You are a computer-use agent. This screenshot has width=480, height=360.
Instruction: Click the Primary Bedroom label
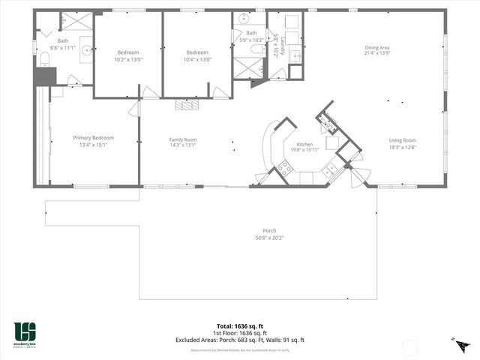click(x=93, y=138)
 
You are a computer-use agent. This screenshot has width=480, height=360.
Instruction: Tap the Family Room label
click(x=182, y=139)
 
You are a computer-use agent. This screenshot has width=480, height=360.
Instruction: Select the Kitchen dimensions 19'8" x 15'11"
click(x=305, y=150)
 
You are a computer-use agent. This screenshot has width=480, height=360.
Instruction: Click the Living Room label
click(x=402, y=140)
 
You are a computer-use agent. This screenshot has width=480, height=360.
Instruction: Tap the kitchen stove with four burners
click(x=284, y=169)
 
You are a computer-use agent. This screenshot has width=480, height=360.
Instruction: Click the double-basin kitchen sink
click(x=328, y=172)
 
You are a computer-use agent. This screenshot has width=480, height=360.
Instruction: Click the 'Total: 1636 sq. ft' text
click(x=239, y=326)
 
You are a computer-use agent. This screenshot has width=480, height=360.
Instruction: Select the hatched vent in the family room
click(x=186, y=105)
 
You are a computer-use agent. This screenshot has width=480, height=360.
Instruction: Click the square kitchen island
click(x=330, y=142)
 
